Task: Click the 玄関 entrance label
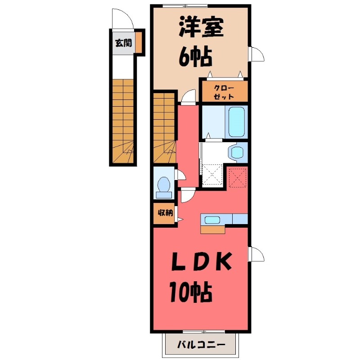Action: (x=123, y=44)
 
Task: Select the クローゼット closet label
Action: (x=224, y=91)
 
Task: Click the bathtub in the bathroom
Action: (x=236, y=121)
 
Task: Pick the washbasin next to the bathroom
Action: (x=235, y=152)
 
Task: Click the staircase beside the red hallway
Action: (x=164, y=128)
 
